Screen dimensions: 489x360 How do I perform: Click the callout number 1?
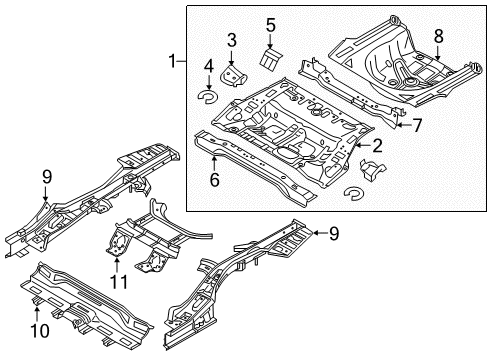click(172, 61)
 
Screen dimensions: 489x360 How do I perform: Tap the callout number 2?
click(377, 146)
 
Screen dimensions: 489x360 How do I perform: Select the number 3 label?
click(232, 40)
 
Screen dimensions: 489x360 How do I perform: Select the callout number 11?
click(119, 282)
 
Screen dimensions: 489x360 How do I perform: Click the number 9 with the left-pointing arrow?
click(334, 234)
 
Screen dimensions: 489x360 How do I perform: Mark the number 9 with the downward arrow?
click(47, 177)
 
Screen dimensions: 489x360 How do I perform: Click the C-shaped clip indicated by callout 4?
click(208, 97)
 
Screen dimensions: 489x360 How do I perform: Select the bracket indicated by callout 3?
click(233, 76)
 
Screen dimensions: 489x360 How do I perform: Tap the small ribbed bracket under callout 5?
click(270, 59)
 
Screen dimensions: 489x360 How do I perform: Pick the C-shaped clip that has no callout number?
click(354, 193)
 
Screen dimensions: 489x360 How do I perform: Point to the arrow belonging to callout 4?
click(209, 82)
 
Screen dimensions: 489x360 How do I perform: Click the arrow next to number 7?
click(404, 125)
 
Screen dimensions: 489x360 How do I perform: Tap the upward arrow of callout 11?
click(117, 265)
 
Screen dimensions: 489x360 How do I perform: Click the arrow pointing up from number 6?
click(214, 163)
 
